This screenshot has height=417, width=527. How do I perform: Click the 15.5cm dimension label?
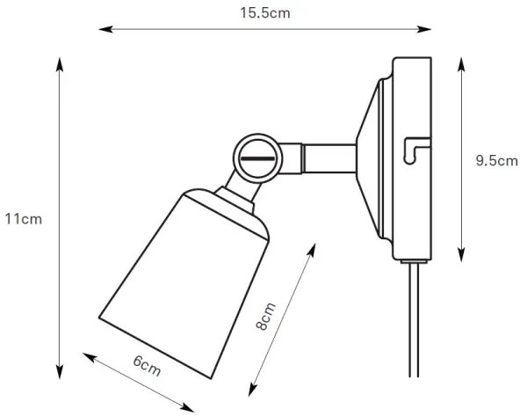(x=264, y=12)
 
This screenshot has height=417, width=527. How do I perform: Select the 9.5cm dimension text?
(x=494, y=160)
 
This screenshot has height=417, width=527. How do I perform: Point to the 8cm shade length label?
(x=265, y=316)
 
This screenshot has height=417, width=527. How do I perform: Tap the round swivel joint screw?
(x=256, y=157)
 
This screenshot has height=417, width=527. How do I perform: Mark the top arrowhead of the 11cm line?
(x=60, y=63)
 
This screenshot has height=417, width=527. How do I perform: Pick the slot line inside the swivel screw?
(x=256, y=158)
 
